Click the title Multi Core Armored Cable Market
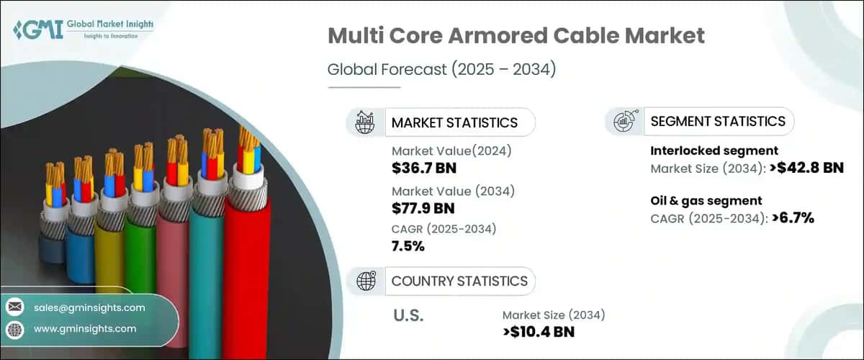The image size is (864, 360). point(515,35)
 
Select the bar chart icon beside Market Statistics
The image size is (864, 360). point(364,122)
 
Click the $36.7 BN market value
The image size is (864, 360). point(424,168)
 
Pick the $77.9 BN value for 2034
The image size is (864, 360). point(424,209)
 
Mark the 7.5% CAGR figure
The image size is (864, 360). point(408,246)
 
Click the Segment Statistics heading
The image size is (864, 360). point(717,121)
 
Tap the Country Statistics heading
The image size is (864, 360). point(459,281)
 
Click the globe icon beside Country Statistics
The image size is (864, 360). point(364,281)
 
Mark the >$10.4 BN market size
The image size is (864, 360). point(539,332)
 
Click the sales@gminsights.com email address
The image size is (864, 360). point(89,307)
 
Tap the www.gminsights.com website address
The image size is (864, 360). point(85,328)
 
